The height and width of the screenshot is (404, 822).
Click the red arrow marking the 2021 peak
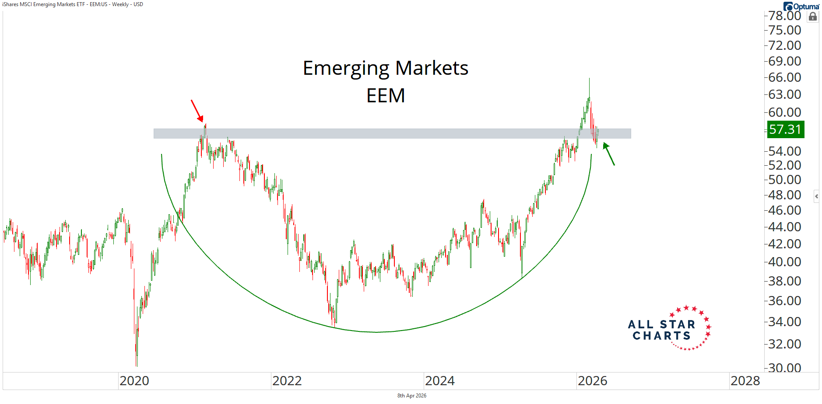197,111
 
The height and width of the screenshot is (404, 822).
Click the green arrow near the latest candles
609,154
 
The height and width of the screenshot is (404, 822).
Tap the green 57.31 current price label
785,129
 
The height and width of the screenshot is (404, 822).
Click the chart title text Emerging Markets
385,68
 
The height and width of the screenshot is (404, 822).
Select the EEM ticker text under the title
385,96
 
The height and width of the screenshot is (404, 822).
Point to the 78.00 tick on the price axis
785,16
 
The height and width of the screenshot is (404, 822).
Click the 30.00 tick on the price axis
785,368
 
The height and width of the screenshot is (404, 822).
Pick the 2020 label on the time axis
134,381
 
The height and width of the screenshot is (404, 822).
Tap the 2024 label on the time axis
440,381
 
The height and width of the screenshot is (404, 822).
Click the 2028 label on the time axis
745,381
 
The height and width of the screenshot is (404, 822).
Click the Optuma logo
801,6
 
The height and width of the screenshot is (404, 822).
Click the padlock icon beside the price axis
813,17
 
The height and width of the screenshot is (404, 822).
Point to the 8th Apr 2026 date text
411,396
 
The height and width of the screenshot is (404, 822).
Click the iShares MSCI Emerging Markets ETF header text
73,4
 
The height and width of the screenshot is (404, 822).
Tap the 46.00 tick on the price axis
785,210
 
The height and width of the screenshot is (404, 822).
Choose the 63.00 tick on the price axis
785,94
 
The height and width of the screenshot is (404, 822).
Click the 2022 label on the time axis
287,381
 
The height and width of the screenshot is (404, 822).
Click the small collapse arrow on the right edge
816,196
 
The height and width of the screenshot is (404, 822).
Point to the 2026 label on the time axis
593,381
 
